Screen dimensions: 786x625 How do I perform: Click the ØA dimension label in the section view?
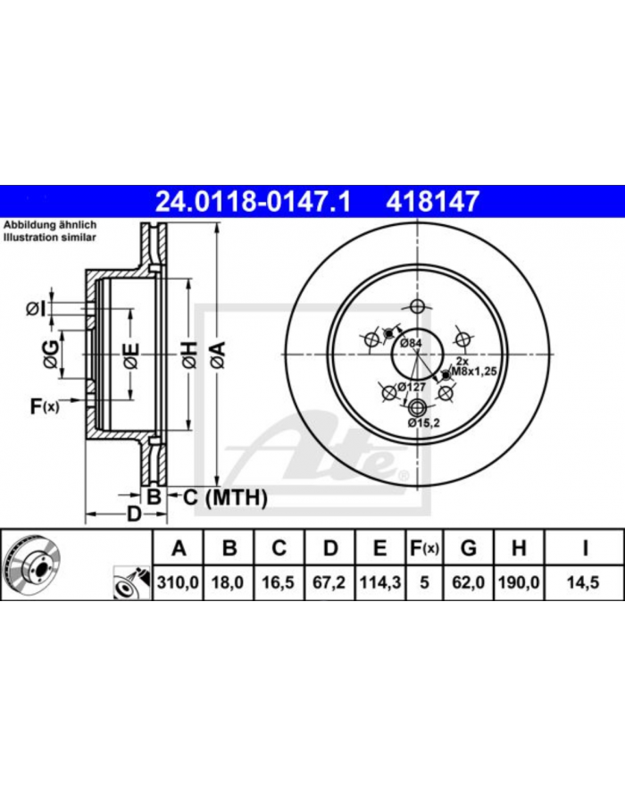pos(217,355)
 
